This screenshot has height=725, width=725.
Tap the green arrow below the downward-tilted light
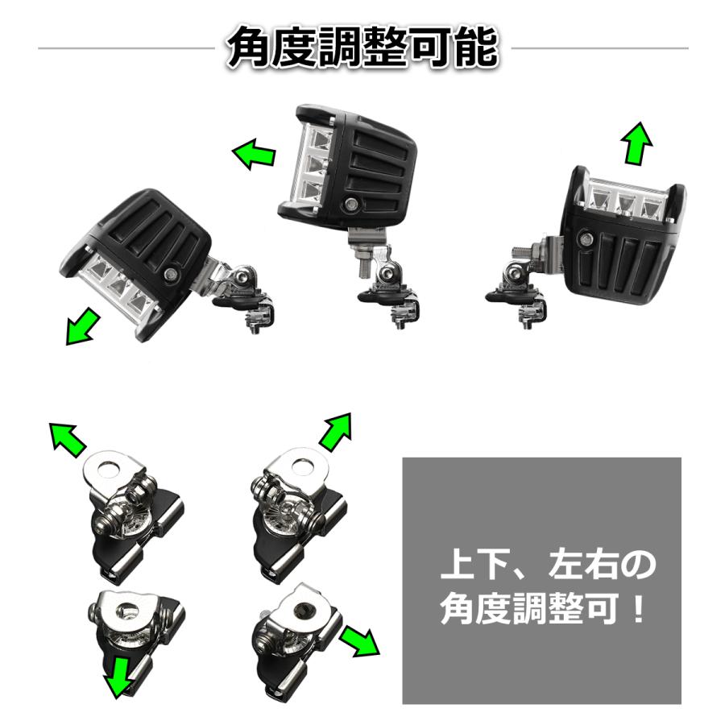coord(83,327)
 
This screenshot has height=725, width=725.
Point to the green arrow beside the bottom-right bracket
coord(358,640)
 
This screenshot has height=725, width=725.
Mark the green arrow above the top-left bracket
coord(68,439)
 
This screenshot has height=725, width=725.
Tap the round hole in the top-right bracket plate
coord(304,465)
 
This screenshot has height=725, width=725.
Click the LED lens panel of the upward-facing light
coord(626,197)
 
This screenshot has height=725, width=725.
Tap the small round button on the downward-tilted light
coord(171,275)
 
